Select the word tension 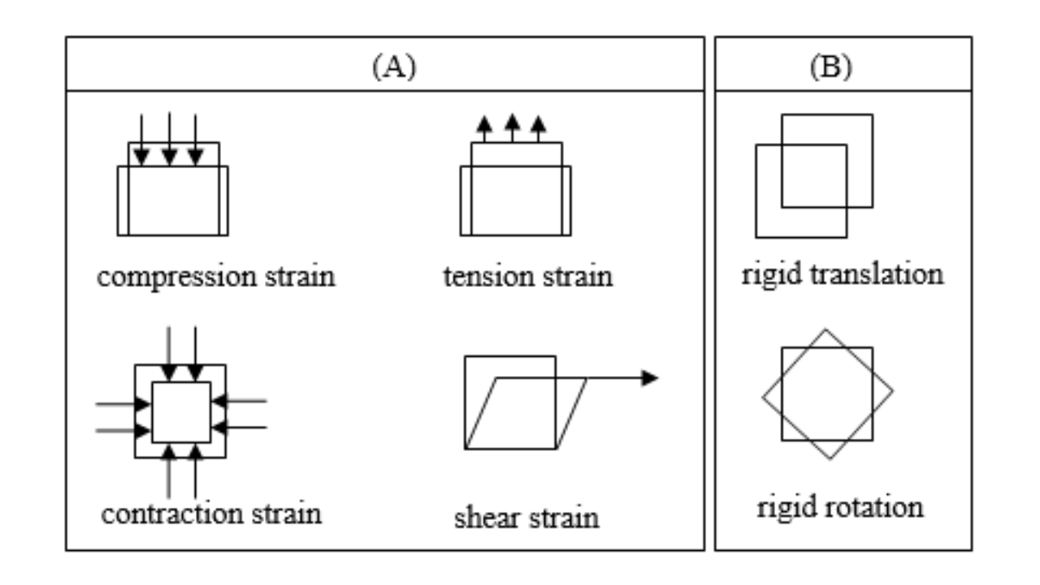[x=483, y=276]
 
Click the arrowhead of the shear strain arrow [x=649, y=378]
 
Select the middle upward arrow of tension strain [x=511, y=128]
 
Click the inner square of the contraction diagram [x=181, y=412]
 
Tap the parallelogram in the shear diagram [x=526, y=413]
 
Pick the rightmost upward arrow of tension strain [x=538, y=128]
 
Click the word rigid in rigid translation [x=772, y=274]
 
